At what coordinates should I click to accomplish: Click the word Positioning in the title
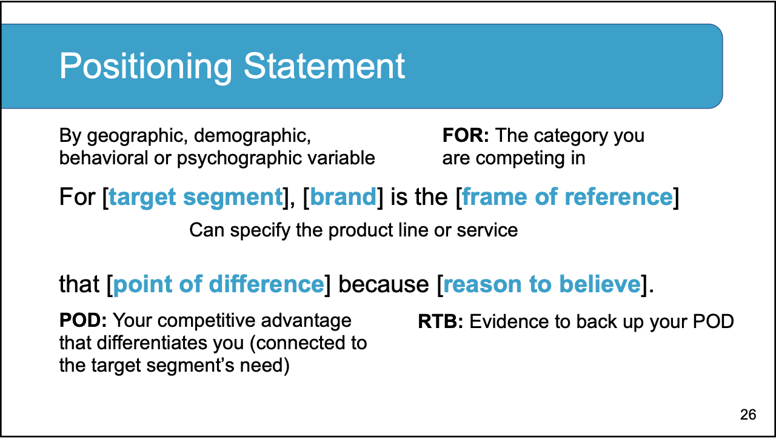pyautogui.click(x=146, y=67)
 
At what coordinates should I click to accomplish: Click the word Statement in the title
pyautogui.click(x=324, y=66)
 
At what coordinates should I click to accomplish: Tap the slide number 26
pyautogui.click(x=748, y=415)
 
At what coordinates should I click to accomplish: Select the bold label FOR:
pyautogui.click(x=466, y=135)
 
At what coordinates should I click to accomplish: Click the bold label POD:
pyautogui.click(x=83, y=320)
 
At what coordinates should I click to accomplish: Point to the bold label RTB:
pyautogui.click(x=440, y=321)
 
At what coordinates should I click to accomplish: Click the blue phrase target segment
pyautogui.click(x=196, y=198)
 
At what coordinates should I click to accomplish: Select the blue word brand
pyautogui.click(x=343, y=197)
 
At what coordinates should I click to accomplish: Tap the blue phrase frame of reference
pyautogui.click(x=567, y=197)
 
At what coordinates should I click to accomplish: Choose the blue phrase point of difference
pyautogui.click(x=219, y=284)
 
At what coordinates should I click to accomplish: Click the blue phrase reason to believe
pyautogui.click(x=542, y=284)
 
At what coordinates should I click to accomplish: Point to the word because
pyautogui.click(x=384, y=284)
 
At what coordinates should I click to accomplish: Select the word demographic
pyautogui.click(x=252, y=136)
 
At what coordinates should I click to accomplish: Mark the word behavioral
pyautogui.click(x=104, y=158)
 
